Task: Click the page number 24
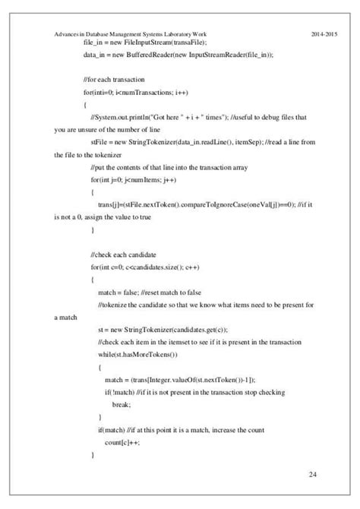313,475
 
